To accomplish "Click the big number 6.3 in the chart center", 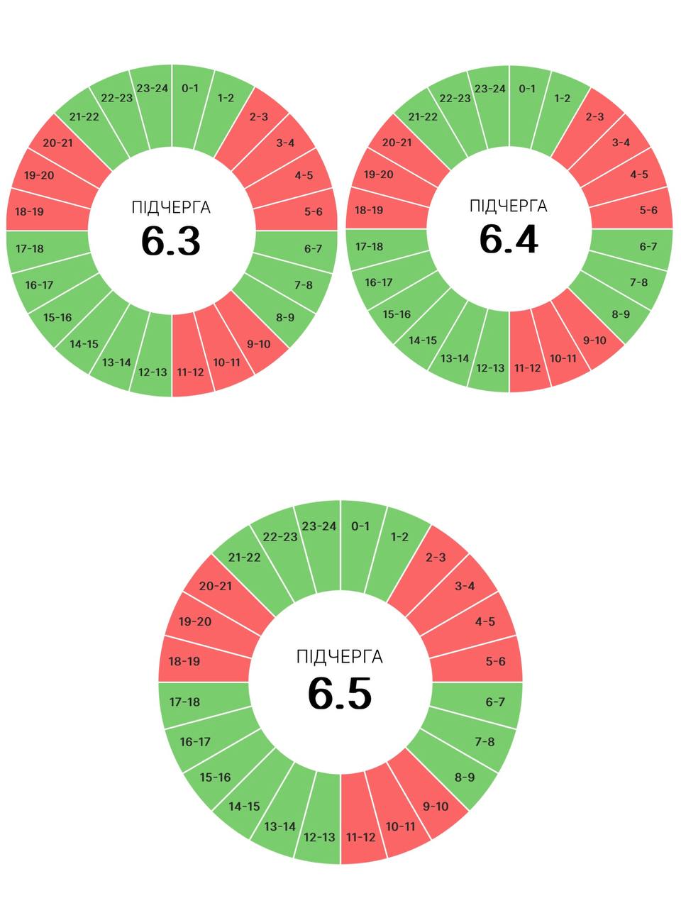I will (171, 240).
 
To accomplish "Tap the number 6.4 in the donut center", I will (509, 238).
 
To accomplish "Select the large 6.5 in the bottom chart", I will (340, 693).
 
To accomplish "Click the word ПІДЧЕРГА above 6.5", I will (340, 656).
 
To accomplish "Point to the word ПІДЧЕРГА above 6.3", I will (171, 207).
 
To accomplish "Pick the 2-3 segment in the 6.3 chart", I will (259, 116).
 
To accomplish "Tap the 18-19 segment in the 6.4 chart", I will (368, 210).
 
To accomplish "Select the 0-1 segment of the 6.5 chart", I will (360, 526).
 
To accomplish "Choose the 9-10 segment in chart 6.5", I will (436, 806).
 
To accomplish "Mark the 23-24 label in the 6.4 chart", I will (490, 89).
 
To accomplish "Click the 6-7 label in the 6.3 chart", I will (313, 248).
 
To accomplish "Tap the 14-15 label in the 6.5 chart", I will (244, 806).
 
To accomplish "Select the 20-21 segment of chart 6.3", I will (57, 143).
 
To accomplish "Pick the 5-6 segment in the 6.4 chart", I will (648, 210).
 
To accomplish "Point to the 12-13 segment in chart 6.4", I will (490, 368).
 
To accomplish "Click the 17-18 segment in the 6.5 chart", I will (184, 702).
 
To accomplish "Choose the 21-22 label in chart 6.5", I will (244, 557).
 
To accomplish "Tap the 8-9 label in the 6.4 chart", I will (621, 314).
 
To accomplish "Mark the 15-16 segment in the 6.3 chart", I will (57, 317).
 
